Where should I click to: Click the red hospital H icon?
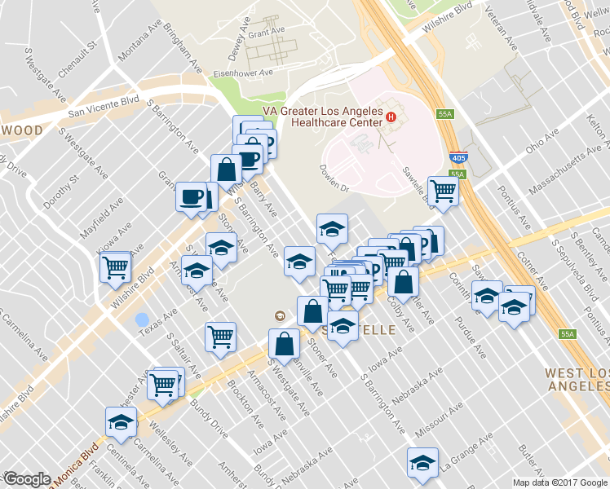coord(391,117)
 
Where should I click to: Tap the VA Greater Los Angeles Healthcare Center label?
coord(322,117)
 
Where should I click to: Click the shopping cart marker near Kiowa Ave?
coord(115,267)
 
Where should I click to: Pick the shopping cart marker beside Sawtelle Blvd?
coord(443,191)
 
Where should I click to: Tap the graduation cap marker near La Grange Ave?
coord(422,462)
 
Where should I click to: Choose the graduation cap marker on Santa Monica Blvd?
coord(120,422)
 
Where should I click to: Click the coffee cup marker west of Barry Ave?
coord(192,196)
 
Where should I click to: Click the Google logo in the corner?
coord(27,479)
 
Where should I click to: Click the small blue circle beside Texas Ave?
coord(142,319)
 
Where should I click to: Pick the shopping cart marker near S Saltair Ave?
coord(220,337)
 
